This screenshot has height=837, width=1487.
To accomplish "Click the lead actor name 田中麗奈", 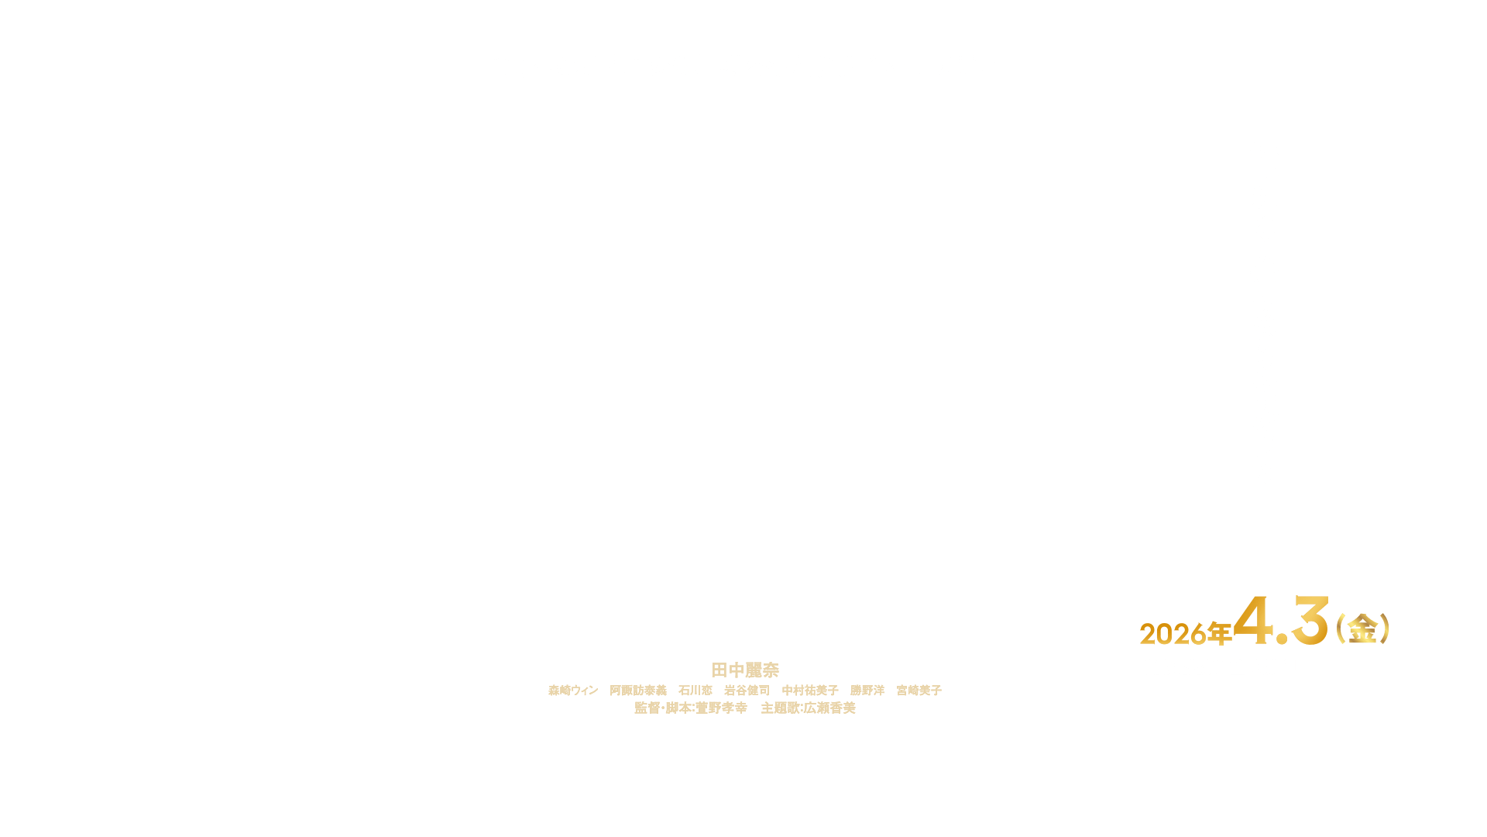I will pyautogui.click(x=744, y=670).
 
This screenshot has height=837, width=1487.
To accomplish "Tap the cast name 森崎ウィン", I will pyautogui.click(x=573, y=691).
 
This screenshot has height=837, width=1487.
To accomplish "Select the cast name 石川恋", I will pyautogui.click(x=695, y=691).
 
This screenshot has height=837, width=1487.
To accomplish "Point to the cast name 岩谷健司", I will pyautogui.click(x=747, y=691).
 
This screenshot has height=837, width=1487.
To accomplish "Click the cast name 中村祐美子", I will pyautogui.click(x=810, y=691).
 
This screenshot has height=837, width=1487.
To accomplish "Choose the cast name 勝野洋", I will pyautogui.click(x=867, y=691).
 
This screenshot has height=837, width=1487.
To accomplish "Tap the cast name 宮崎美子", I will pyautogui.click(x=919, y=691).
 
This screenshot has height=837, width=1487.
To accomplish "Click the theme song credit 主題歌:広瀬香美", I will pyautogui.click(x=808, y=708).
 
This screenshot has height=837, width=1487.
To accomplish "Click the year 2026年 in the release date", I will pyautogui.click(x=1185, y=634).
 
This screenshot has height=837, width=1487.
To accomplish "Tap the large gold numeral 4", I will pyautogui.click(x=1259, y=622).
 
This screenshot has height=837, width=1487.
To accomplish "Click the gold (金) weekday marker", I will pyautogui.click(x=1362, y=629).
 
